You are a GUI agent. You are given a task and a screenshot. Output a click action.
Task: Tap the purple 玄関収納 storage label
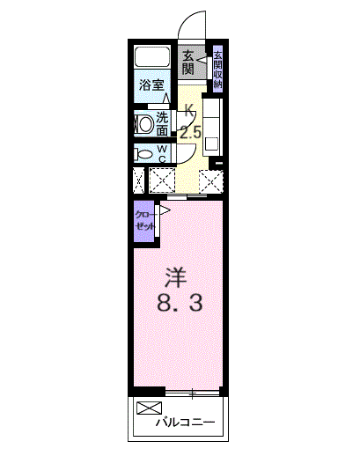pyautogui.click(x=217, y=68)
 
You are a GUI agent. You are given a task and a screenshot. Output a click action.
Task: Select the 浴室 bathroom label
pyautogui.click(x=152, y=86)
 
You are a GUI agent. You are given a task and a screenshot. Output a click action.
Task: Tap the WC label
pyautogui.click(x=163, y=153)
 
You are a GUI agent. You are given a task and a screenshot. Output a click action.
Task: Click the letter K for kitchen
pyautogui.click(x=189, y=113)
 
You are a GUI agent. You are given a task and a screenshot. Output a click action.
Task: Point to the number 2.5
pyautogui.click(x=191, y=134)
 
